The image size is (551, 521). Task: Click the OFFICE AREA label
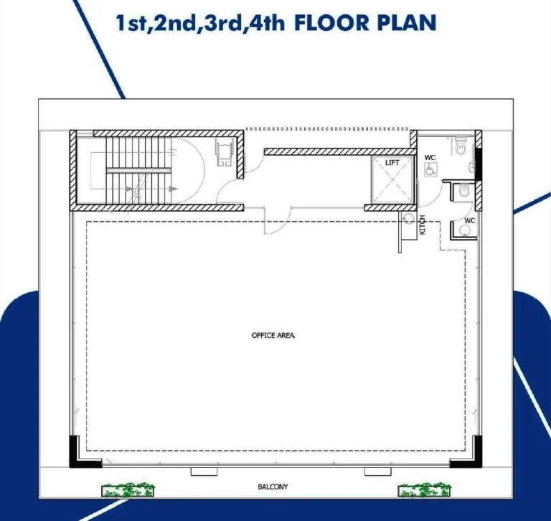(x=273, y=335)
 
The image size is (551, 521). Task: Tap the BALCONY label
(x=273, y=487)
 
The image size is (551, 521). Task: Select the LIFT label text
(x=392, y=163)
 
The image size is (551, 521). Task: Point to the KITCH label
(x=423, y=225)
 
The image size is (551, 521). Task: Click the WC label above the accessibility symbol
(x=430, y=157)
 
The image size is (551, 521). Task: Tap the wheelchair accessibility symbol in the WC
(x=430, y=170)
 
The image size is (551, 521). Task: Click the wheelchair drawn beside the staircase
(x=224, y=152)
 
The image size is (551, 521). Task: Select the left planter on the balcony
(x=128, y=489)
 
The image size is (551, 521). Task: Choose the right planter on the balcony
(x=425, y=489)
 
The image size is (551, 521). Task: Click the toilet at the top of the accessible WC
(x=460, y=146)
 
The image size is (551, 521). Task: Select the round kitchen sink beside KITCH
(x=408, y=219)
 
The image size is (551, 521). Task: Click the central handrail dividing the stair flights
(x=138, y=171)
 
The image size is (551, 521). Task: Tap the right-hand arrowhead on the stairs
(x=173, y=189)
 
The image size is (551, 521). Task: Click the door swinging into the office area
(x=278, y=222)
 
